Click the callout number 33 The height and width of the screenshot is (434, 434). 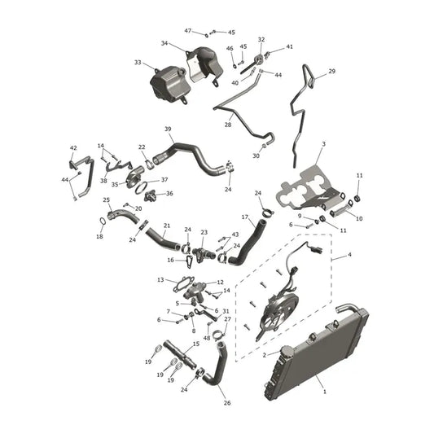click(138, 63)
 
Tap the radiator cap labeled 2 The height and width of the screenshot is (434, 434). click(287, 353)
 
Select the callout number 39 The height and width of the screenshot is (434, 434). click(168, 129)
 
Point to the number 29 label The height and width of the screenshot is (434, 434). click(332, 71)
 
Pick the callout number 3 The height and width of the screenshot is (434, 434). click(323, 144)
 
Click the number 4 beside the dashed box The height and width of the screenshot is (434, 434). click(349, 254)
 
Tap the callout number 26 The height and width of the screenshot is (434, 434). click(227, 403)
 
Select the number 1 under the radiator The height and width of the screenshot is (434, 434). click(325, 392)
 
